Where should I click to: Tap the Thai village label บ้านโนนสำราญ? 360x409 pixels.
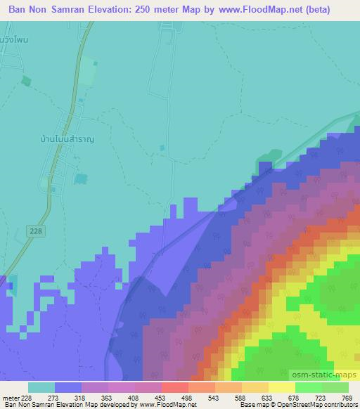(67, 140)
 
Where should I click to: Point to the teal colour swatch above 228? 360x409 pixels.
(41, 387)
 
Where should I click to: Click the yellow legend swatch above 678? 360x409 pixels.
(282, 387)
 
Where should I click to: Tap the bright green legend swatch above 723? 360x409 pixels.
(309, 387)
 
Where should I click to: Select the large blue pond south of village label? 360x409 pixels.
(82, 180)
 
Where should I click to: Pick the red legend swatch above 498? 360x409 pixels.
(175, 387)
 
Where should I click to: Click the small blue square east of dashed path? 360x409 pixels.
(163, 148)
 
